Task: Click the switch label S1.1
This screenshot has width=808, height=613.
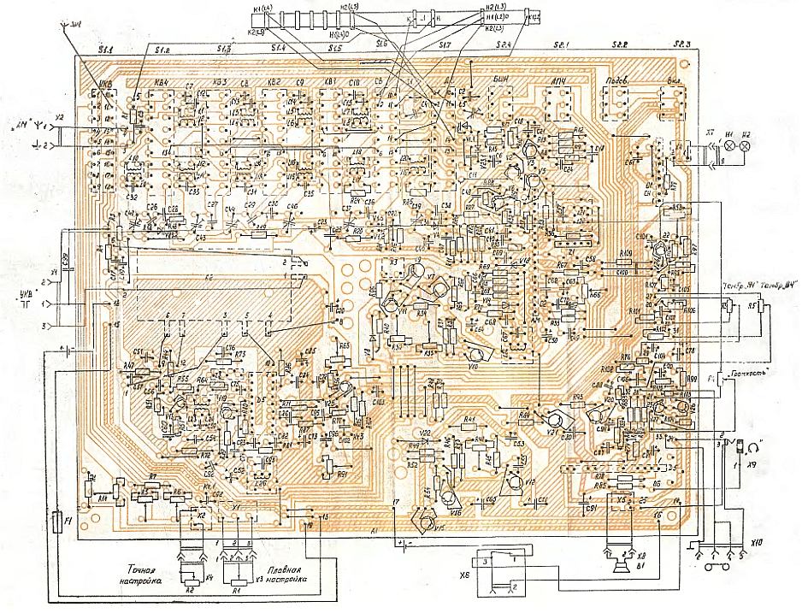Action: point(107,52)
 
